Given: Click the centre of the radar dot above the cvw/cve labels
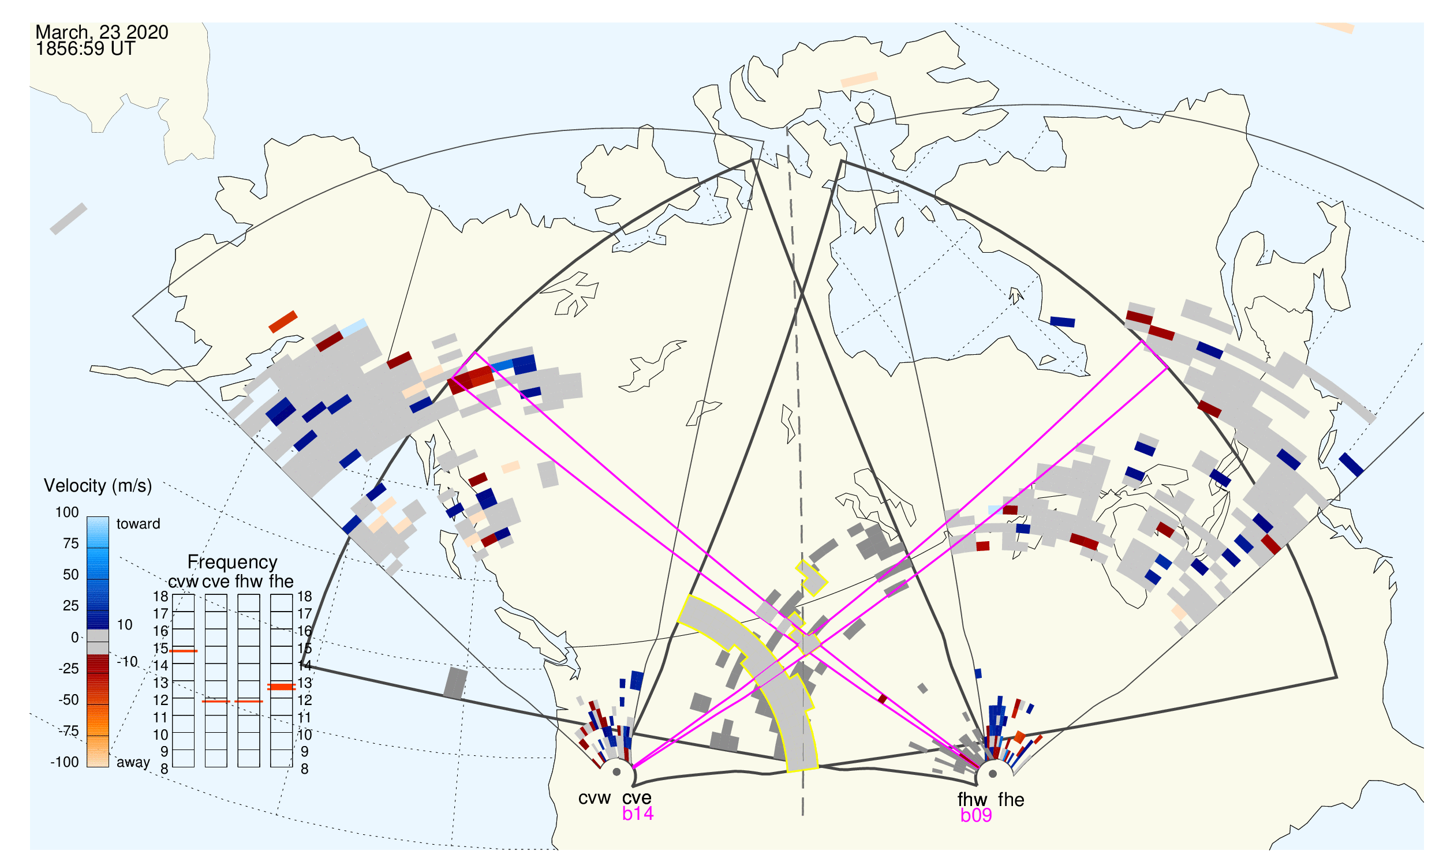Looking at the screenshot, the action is (x=616, y=772).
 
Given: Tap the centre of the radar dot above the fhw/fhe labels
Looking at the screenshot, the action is (x=993, y=774).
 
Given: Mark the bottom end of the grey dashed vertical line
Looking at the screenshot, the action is (x=803, y=815).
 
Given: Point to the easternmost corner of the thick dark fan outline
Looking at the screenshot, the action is (x=1337, y=677).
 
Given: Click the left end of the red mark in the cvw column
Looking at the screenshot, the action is (x=170, y=651).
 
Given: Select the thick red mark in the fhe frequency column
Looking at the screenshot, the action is (x=281, y=687).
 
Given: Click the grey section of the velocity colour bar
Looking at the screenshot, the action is (x=98, y=642).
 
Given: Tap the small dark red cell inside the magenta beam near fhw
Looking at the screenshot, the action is (x=882, y=699).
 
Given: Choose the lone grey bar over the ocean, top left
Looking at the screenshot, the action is (x=69, y=219).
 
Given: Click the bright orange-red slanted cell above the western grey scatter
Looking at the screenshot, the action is (x=283, y=322).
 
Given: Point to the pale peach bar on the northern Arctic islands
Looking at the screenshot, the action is (x=859, y=80).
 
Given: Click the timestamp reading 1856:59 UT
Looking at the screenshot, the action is (x=85, y=49).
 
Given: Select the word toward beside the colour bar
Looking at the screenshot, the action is (x=139, y=524).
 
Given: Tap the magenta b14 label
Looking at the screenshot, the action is (x=637, y=814).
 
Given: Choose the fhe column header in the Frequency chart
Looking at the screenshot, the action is (x=281, y=582).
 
